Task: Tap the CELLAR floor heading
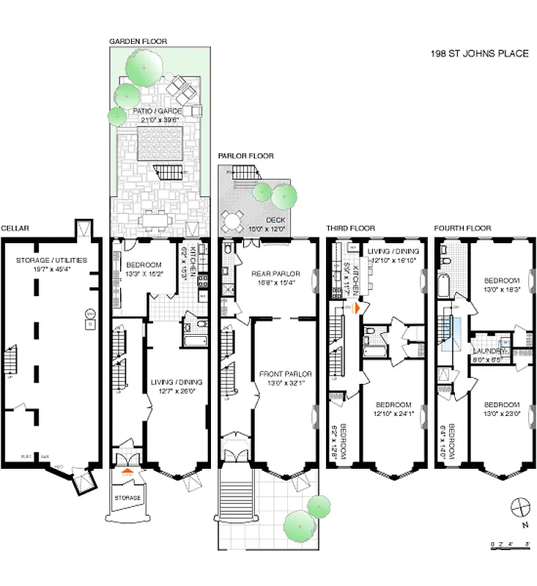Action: [x=15, y=229]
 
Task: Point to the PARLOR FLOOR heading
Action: [x=245, y=156]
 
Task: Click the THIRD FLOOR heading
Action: [x=351, y=229]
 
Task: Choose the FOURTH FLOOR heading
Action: [x=462, y=229]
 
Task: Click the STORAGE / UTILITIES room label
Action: [x=51, y=260]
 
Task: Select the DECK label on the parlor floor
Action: [x=276, y=220]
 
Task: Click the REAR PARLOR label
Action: [x=273, y=275]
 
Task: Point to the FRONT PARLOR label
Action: [x=280, y=374]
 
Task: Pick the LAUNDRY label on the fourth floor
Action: [x=486, y=352]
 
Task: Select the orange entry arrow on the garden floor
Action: [x=127, y=472]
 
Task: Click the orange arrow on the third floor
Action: [x=358, y=308]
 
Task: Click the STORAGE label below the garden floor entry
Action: [x=127, y=498]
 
